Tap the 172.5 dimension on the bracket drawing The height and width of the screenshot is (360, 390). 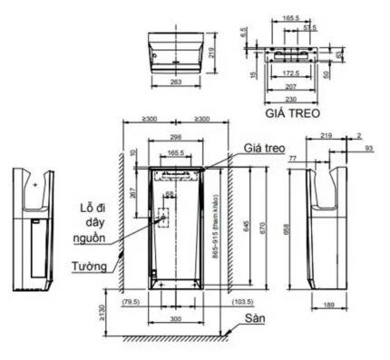click(x=291, y=70)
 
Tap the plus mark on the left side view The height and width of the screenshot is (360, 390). click(x=34, y=183)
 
